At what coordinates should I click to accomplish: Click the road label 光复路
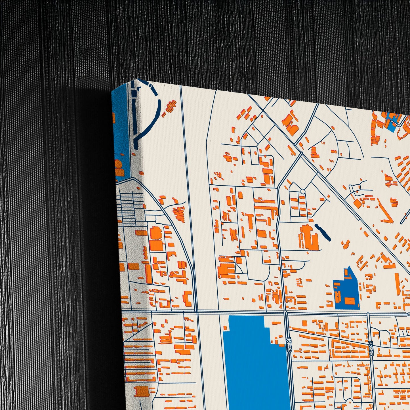(289, 344)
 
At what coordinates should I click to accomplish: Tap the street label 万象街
(371, 348)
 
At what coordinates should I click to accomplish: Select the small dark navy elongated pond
(323, 232)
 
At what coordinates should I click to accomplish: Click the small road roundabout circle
(303, 192)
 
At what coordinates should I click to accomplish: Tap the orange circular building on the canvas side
(118, 164)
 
